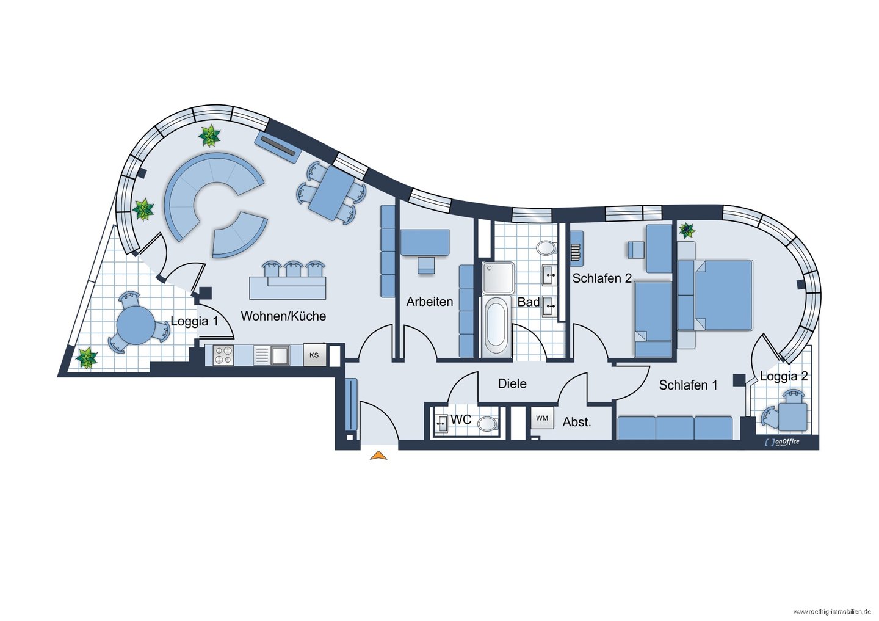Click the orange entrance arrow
378,456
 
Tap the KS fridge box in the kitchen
314,355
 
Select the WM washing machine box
542,418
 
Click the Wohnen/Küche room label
283,316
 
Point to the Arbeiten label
430,302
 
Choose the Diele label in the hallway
512,383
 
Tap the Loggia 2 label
784,376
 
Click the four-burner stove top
223,355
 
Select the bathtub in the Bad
496,327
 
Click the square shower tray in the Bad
498,277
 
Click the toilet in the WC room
487,424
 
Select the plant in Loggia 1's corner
87,357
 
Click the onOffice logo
776,442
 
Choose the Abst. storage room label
577,422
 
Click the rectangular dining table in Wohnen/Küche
331,193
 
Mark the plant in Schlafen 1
687,230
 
